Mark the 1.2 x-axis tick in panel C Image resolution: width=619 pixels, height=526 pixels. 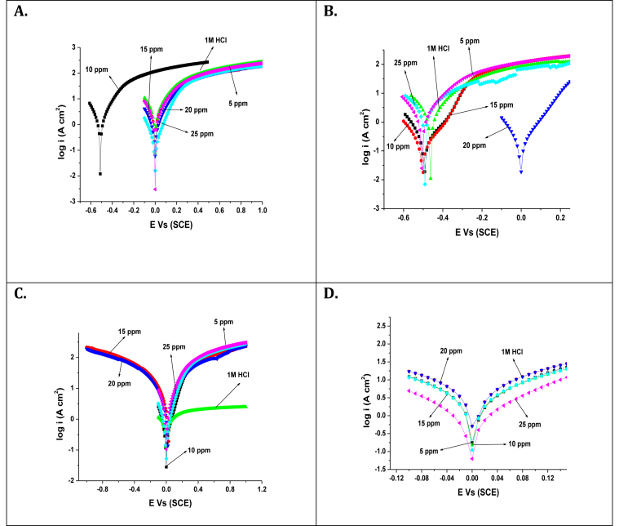pos(263,491)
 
